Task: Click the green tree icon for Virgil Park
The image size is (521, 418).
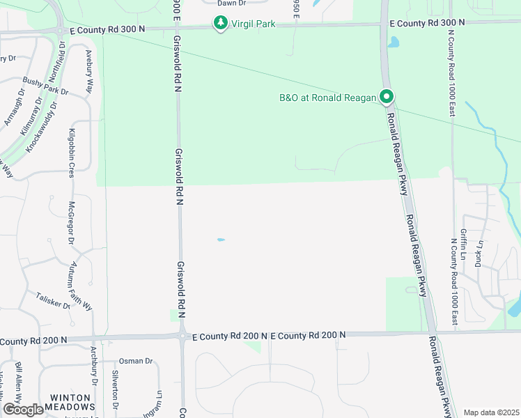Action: point(221,24)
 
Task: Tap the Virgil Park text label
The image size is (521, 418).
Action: point(254,24)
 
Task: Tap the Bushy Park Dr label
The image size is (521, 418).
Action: point(45,86)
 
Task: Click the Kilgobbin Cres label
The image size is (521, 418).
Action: point(72,153)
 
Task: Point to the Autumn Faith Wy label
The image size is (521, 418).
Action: point(79,286)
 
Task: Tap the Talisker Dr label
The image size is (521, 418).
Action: point(53,300)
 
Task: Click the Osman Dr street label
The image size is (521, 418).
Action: point(136,361)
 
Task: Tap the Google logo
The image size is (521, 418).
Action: point(23,410)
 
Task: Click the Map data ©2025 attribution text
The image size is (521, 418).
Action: point(490,412)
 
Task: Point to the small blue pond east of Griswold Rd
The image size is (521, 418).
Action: point(221,240)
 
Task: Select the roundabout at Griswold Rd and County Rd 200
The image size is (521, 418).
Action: point(182,336)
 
